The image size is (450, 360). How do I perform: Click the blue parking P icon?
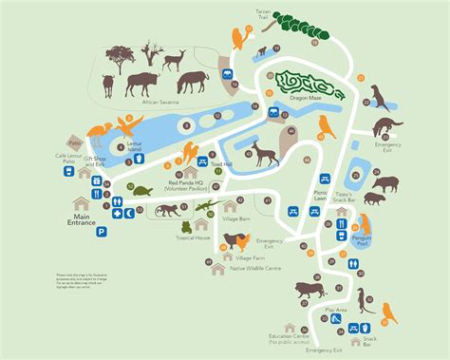coord(102,230)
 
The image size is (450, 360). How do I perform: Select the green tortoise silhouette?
coord(143,192)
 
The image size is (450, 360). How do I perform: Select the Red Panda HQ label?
coord(188,182)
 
